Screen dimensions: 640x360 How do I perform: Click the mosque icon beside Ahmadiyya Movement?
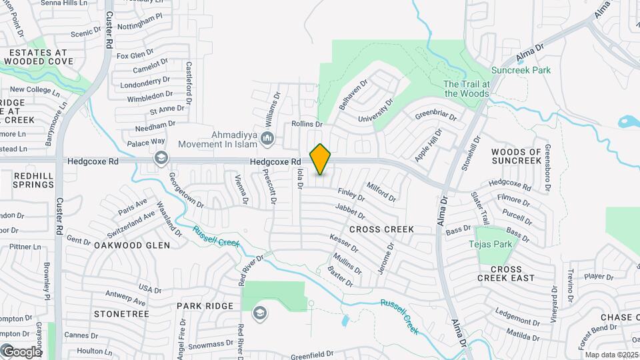pyautogui.click(x=267, y=139)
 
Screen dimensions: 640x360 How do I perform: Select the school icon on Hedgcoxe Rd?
pyautogui.click(x=160, y=158)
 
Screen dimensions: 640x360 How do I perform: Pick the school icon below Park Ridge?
pyautogui.click(x=259, y=313)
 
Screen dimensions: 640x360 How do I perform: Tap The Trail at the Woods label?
pyautogui.click(x=467, y=89)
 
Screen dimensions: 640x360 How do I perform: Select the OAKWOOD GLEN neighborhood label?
pyautogui.click(x=131, y=245)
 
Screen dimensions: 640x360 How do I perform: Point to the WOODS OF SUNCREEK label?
pyautogui.click(x=516, y=156)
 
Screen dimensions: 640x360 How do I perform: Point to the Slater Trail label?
pyautogui.click(x=481, y=209)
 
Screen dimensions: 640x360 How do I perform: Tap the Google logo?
pyautogui.click(x=21, y=351)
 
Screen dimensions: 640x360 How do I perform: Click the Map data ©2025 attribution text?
pyautogui.click(x=612, y=355)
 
